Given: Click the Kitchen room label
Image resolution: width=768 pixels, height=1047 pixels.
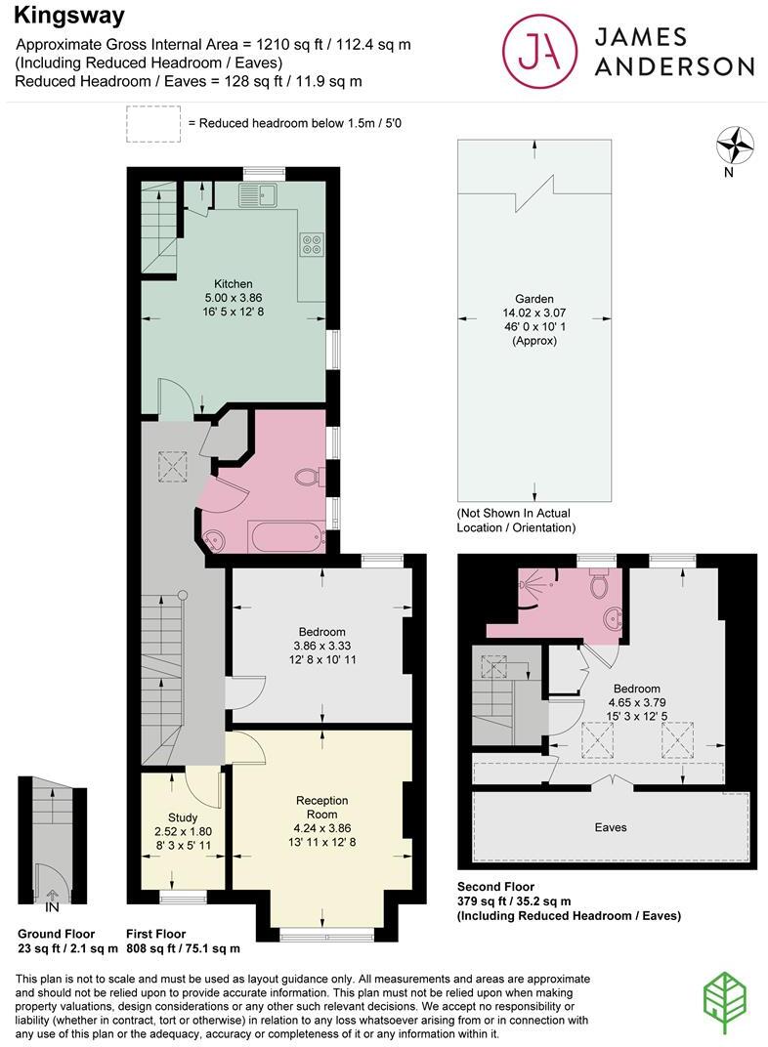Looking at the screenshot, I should click(x=232, y=284).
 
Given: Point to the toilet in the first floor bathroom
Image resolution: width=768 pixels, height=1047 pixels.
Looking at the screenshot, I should click(x=310, y=478).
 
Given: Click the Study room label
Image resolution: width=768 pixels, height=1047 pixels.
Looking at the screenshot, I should click(x=183, y=817).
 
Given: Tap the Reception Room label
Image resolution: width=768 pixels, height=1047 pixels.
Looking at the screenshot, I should click(x=321, y=807).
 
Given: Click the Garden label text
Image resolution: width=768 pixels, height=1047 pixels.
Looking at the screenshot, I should click(x=534, y=299).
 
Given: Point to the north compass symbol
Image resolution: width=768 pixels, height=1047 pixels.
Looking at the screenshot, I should click(x=735, y=147).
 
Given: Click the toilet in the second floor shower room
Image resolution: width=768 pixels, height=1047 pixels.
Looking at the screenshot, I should click(x=600, y=584).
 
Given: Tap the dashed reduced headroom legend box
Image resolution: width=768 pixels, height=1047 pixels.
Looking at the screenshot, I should click(x=152, y=123).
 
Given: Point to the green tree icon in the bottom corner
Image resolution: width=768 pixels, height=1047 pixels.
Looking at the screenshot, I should click(x=727, y=998).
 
